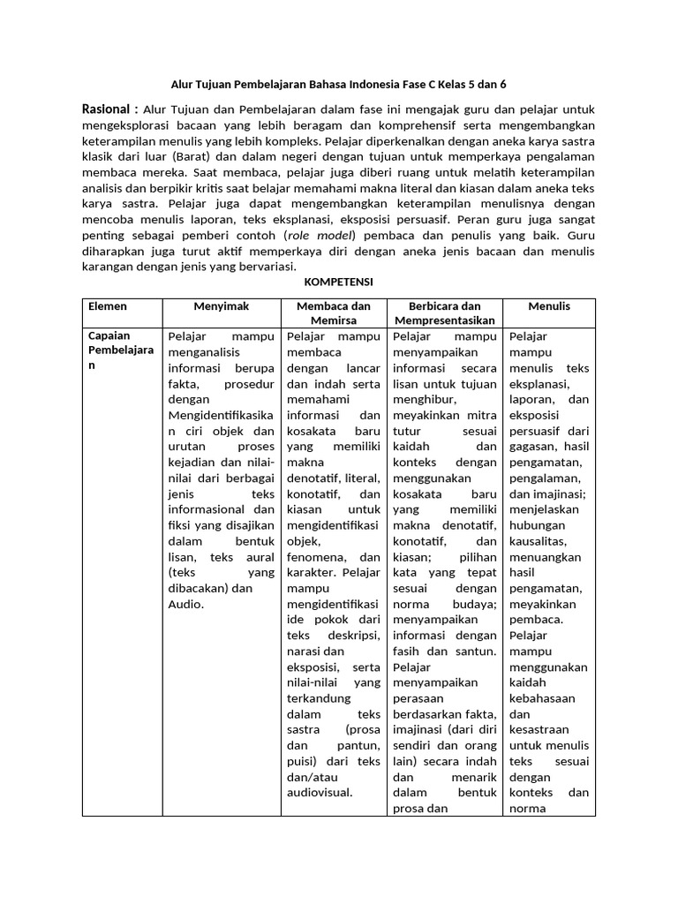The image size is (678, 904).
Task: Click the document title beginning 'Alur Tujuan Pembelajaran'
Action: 338,85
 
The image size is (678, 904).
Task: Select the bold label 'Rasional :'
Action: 110,109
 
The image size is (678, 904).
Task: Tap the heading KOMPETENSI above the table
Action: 338,282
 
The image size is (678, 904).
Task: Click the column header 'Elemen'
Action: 108,306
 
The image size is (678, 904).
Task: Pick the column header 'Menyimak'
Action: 222,306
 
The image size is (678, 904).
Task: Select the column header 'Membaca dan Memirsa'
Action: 335,313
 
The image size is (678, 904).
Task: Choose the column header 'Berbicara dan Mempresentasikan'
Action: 444,313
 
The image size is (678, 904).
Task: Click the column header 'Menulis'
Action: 549,306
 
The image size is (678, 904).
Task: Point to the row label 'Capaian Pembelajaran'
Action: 121,351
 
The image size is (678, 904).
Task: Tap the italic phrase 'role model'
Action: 318,236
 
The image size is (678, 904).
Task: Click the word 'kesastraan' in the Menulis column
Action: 539,729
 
